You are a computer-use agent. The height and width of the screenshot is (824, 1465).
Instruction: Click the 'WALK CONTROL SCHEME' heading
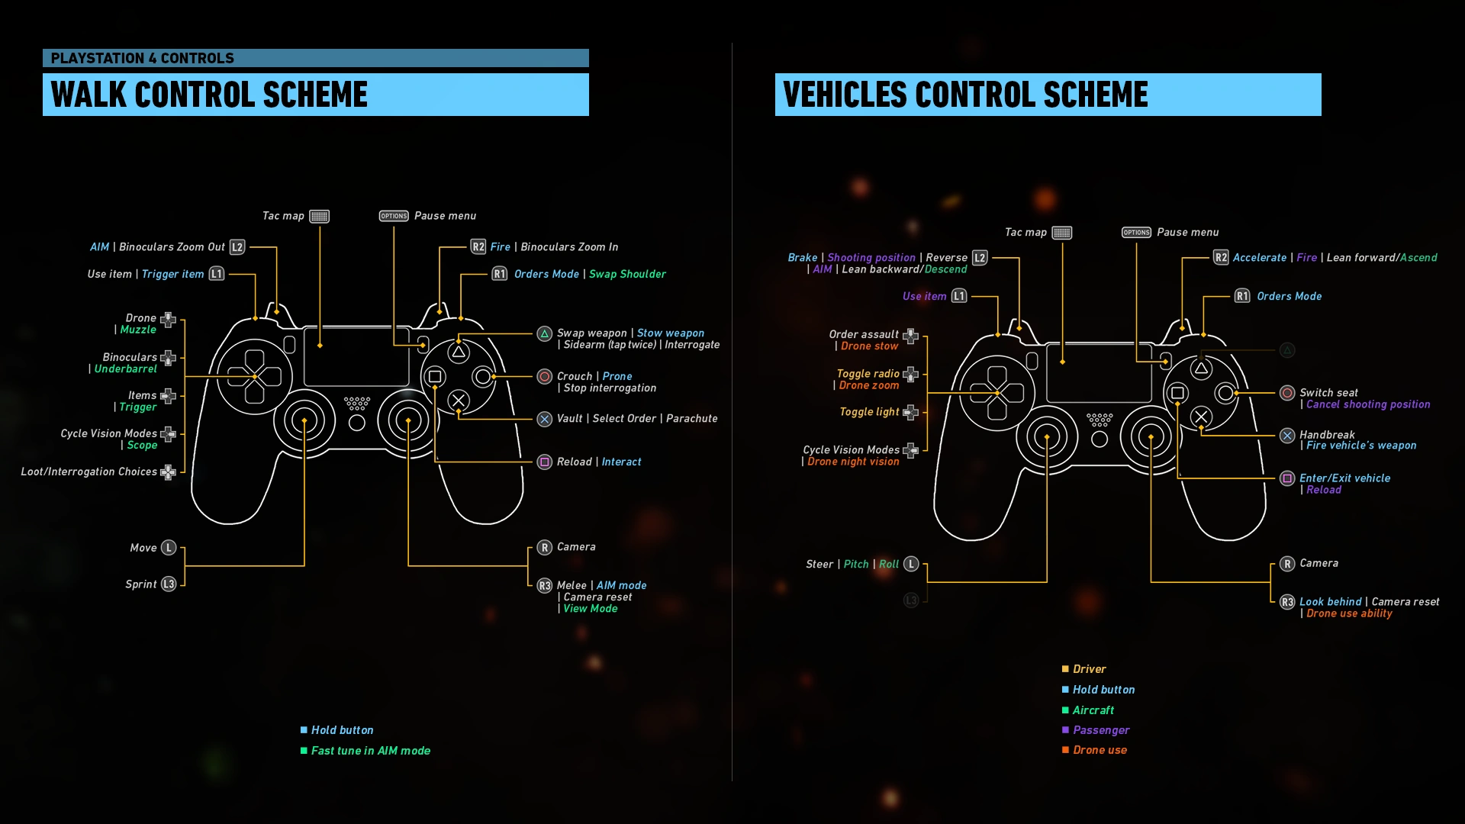[x=209, y=95]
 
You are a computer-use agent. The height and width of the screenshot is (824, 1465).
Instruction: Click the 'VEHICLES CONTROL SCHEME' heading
[x=965, y=95]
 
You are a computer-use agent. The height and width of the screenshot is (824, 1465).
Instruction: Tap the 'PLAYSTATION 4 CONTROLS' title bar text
[x=143, y=58]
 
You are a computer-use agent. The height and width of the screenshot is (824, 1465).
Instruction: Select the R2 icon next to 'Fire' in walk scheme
[x=478, y=246]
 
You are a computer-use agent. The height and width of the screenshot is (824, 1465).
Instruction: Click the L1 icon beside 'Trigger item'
[x=217, y=274]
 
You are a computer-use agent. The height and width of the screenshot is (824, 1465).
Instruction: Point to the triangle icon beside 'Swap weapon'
[x=545, y=333]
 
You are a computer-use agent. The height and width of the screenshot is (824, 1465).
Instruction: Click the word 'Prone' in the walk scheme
[x=617, y=376]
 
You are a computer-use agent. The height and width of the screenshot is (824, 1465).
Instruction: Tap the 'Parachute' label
[x=691, y=418]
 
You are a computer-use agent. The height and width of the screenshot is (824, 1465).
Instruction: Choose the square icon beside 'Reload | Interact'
[x=545, y=462]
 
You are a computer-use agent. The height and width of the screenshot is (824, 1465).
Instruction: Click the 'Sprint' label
[x=141, y=584]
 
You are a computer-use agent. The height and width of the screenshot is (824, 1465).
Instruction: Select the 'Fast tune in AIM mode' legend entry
[x=370, y=751]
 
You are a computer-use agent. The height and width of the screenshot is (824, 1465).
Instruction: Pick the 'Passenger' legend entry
[x=1101, y=730]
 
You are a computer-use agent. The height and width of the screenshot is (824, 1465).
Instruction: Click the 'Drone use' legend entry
[x=1100, y=750]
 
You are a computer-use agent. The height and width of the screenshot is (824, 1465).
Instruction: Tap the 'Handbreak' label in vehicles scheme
[x=1327, y=434]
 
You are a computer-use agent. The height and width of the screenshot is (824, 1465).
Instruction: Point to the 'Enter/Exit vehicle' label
[x=1344, y=478]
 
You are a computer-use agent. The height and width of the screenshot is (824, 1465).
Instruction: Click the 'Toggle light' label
[x=869, y=412]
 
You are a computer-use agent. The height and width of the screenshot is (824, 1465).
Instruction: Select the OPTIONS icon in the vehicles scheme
[x=1136, y=232]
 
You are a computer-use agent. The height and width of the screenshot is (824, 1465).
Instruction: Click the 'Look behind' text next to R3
[x=1330, y=602]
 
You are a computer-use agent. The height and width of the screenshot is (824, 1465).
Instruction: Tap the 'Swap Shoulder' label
[x=627, y=274]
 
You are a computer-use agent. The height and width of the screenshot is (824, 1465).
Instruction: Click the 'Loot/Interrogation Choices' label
[x=89, y=472]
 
